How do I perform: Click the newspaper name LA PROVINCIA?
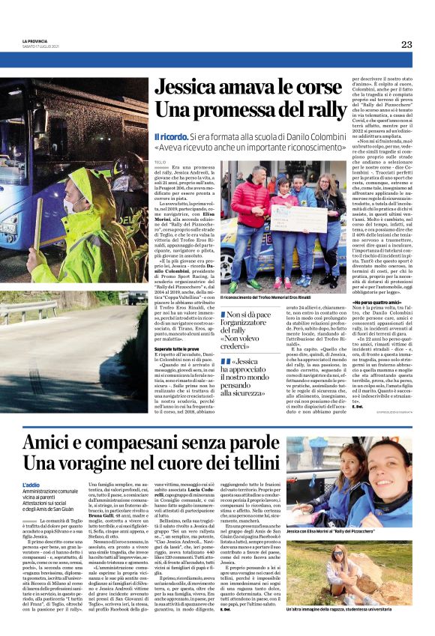(36, 40)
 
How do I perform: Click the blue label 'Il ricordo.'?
(169, 137)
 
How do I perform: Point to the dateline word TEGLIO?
(160, 160)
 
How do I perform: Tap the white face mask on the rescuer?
(112, 188)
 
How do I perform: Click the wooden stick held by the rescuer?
(52, 225)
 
